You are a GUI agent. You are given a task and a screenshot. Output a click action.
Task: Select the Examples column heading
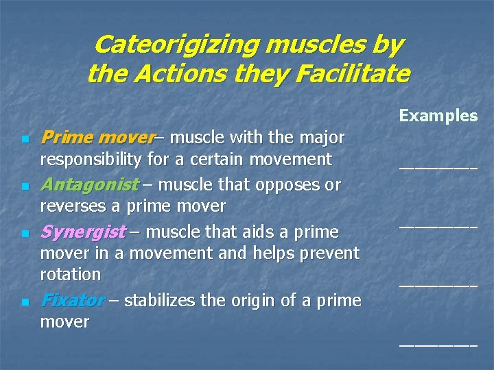pyautogui.click(x=438, y=115)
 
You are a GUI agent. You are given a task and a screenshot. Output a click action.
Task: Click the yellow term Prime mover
pyautogui.click(x=97, y=138)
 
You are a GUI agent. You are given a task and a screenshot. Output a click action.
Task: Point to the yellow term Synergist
pyautogui.click(x=83, y=232)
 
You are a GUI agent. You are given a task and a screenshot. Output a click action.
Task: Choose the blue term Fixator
pyautogui.click(x=72, y=300)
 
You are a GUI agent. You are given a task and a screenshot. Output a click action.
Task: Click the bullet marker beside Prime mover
pyautogui.click(x=25, y=140)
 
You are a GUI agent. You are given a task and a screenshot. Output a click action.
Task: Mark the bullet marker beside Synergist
pyautogui.click(x=25, y=234)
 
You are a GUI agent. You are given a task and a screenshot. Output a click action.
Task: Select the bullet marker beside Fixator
pyautogui.click(x=25, y=302)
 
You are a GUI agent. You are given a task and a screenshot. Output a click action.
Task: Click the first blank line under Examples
pyautogui.click(x=438, y=167)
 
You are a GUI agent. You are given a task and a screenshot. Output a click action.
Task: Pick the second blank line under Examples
pyautogui.click(x=438, y=225)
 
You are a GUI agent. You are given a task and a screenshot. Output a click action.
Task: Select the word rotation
pyautogui.click(x=71, y=275)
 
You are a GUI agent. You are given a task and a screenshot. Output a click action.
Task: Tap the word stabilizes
pyautogui.click(x=158, y=300)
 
